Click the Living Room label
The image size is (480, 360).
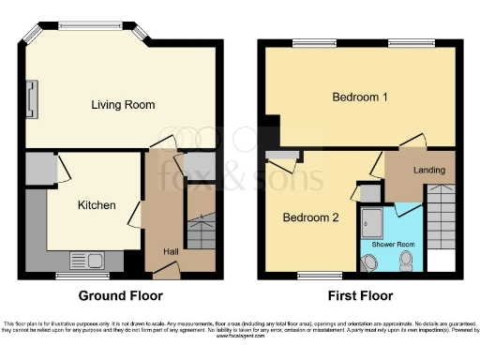(123, 104)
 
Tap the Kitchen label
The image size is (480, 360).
(97, 205)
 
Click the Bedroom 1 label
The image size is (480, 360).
(360, 97)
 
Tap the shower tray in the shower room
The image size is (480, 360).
(374, 223)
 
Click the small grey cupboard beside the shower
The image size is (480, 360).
(369, 192)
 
